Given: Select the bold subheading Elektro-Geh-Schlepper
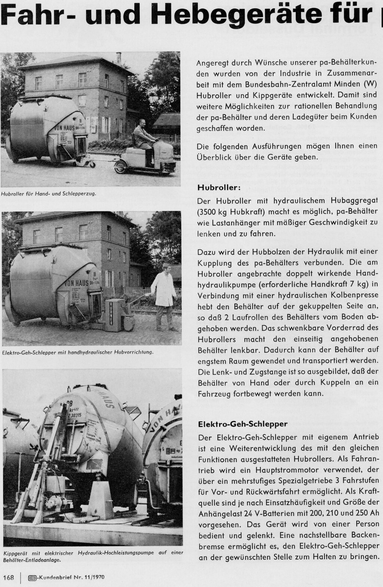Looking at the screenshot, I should [x=243, y=424].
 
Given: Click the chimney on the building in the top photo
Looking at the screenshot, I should [x=119, y=58].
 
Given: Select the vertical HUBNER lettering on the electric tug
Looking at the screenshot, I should [x=111, y=315].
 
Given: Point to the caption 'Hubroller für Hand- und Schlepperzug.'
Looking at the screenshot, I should [x=49, y=194].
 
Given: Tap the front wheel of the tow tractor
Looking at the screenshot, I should [x=122, y=168].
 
